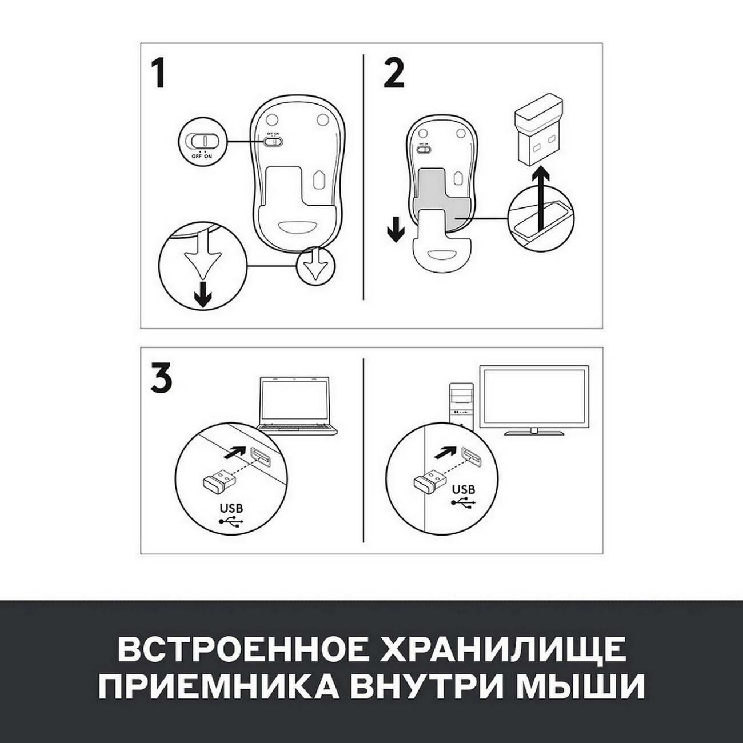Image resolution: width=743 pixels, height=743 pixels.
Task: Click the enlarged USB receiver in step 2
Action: pyautogui.click(x=538, y=135)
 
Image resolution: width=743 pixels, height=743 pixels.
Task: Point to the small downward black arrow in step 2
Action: pyautogui.click(x=396, y=231)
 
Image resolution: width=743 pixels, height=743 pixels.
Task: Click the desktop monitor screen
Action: pyautogui.click(x=534, y=396)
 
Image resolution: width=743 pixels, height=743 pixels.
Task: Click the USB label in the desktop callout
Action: pyautogui.click(x=464, y=489)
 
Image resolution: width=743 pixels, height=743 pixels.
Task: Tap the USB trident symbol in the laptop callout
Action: pyautogui.click(x=231, y=521)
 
